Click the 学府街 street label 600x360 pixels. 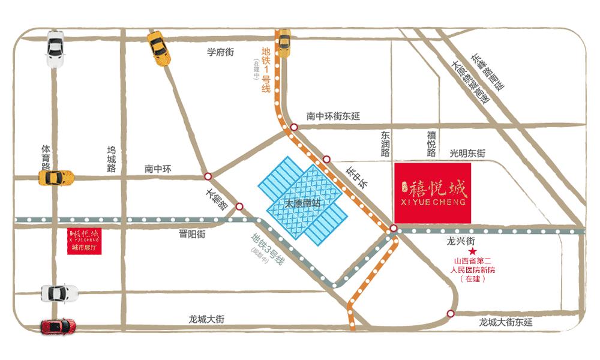click(220, 52)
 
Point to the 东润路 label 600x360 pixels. click(385, 144)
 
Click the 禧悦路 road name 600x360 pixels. click(431, 144)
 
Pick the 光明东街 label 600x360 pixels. click(467, 154)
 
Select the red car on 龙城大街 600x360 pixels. click(58, 326)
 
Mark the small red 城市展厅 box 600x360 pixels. click(83, 241)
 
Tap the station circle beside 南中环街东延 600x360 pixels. click(294, 127)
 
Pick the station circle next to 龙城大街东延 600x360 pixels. click(451, 313)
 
